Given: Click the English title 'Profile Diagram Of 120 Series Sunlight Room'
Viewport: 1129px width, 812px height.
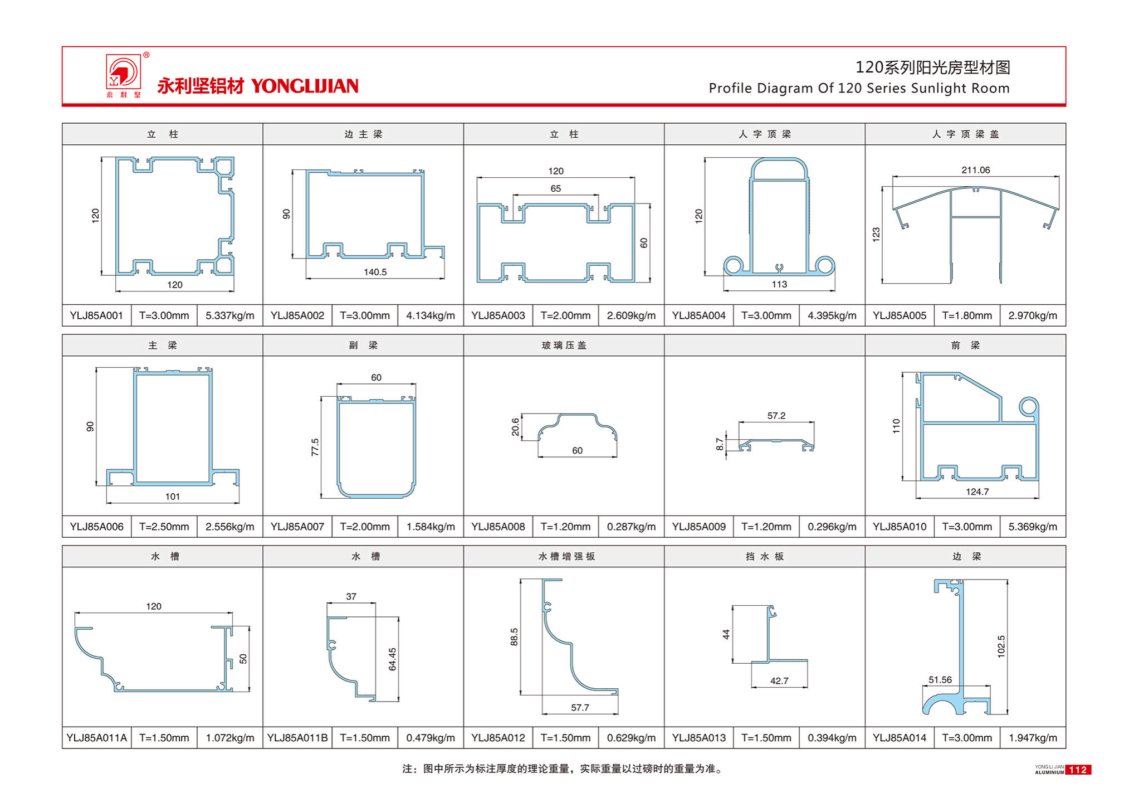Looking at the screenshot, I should pos(858,88).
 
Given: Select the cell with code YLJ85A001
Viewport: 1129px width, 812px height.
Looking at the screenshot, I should pos(96,315).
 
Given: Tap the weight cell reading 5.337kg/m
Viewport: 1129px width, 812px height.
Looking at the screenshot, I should pos(229,315).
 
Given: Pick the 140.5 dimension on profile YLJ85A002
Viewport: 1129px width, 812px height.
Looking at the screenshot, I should pos(375,272).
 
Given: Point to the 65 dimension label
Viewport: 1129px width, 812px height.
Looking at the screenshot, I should pos(555,188).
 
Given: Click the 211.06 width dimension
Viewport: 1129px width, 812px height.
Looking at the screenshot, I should pos(975,170).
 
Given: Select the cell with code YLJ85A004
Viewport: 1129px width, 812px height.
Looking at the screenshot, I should pos(698,315).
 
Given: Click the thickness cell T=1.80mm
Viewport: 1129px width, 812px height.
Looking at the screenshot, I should pos(966,315).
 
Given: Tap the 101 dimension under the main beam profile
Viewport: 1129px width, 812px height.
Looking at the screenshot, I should pos(173,497).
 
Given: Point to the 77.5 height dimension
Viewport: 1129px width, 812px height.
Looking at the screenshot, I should pos(315,447).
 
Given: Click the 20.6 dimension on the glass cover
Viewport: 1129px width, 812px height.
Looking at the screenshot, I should pos(515,427).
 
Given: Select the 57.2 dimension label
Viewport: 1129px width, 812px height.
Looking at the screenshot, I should pos(776,416).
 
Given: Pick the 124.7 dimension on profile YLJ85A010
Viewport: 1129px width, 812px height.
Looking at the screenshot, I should pos(977,492).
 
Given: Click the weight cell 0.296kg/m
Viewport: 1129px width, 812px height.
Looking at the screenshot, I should pos(832,527).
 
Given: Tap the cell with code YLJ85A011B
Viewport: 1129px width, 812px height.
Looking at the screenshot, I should pos(297,738).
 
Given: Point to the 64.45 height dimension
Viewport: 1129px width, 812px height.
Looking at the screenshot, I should pos(393,659).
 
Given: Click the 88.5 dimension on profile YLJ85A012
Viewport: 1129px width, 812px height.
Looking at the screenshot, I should pos(514,637).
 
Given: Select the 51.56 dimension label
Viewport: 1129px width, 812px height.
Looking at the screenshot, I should pos(940,680).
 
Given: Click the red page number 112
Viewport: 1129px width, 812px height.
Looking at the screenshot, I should pos(1078,770).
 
